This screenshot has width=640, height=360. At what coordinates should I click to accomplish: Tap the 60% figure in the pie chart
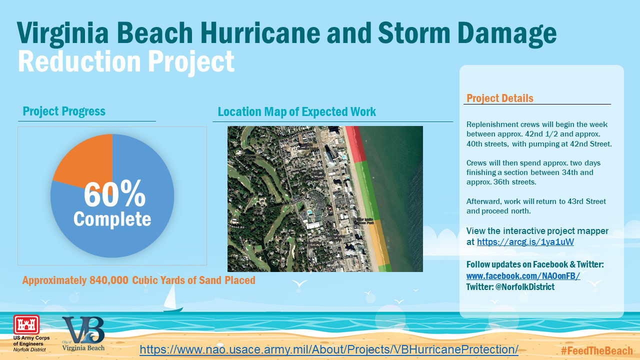(x=114, y=195)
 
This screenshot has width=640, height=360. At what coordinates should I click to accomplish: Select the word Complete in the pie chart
(x=112, y=219)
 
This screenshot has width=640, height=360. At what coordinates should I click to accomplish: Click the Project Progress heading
(x=64, y=111)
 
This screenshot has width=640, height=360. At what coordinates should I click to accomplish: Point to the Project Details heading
(x=500, y=98)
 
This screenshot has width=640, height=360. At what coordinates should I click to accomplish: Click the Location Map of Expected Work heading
(x=297, y=111)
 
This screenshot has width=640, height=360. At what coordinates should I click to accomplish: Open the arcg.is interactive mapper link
(x=525, y=242)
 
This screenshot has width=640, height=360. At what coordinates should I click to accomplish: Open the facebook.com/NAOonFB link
(x=523, y=276)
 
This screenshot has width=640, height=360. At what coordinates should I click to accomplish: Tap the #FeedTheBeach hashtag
(x=596, y=350)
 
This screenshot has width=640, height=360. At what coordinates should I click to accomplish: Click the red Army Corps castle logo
(x=23, y=324)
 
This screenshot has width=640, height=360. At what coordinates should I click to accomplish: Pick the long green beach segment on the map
(x=367, y=190)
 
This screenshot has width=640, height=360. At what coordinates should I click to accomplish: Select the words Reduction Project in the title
(x=126, y=61)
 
